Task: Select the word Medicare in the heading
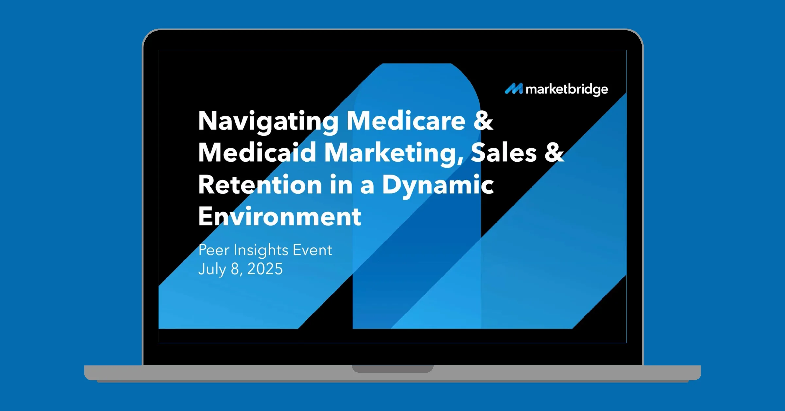tap(406, 121)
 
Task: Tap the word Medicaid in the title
tap(257, 152)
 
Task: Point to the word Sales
tap(504, 152)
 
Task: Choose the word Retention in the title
tap(260, 185)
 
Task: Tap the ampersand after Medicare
tap(483, 121)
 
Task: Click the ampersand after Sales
tap(554, 152)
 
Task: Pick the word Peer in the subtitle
tap(214, 250)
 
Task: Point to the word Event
tap(312, 250)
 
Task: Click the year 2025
tap(265, 269)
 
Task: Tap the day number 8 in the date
tap(235, 269)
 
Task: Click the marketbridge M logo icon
tap(514, 89)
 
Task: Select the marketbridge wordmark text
tap(567, 90)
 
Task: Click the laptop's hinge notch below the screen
tap(392, 369)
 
